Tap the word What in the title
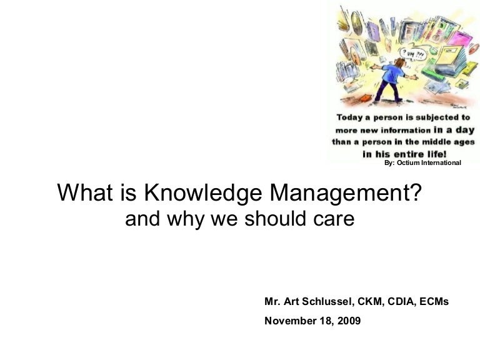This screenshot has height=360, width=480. tap(81, 194)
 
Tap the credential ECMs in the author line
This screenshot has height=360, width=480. tap(435, 301)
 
